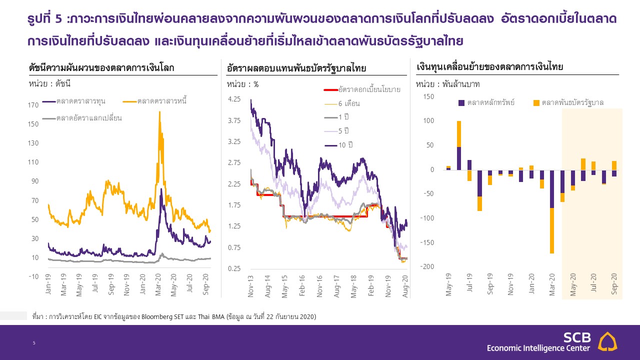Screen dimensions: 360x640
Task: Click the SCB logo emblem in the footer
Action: pos(607,342)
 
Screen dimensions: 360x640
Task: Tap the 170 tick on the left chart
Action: pos(34,105)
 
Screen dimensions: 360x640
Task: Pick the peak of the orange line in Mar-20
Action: pos(159,112)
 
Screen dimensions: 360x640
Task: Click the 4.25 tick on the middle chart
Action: pos(234,99)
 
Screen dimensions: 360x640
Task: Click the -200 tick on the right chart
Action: pos(428,266)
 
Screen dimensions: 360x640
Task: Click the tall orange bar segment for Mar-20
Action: pos(552,230)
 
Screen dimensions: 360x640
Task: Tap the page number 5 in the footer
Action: pos(34,343)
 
